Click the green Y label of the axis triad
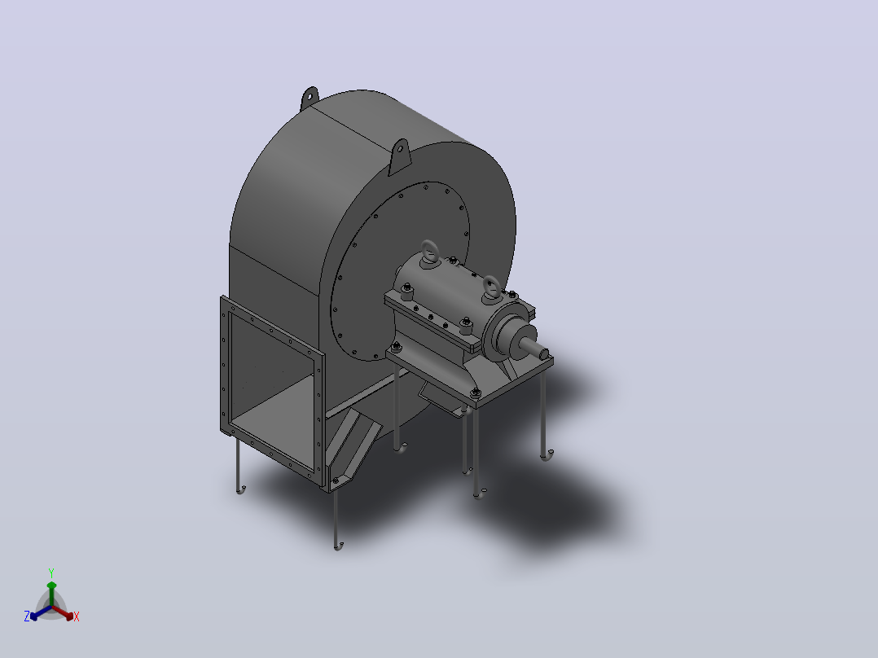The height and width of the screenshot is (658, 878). [51, 572]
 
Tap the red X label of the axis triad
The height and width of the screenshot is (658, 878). [77, 616]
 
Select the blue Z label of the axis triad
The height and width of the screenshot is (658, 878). [27, 616]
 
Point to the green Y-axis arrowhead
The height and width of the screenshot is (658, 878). [51, 586]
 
